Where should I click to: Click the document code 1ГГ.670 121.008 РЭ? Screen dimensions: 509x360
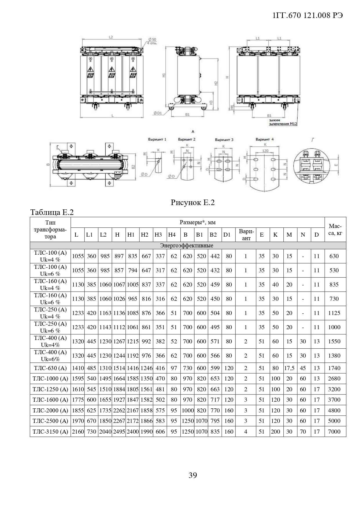pyautogui.click(x=308, y=16)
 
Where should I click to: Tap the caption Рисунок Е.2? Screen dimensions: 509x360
pyautogui.click(x=193, y=202)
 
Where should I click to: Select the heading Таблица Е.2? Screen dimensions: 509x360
pyautogui.click(x=52, y=212)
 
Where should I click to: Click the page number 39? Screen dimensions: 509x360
pyautogui.click(x=193, y=475)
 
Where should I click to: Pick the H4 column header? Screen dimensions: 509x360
pyautogui.click(x=172, y=235)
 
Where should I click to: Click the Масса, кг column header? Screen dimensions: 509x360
pyautogui.click(x=335, y=229)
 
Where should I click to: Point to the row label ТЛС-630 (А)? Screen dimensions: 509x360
pyautogui.click(x=51, y=368)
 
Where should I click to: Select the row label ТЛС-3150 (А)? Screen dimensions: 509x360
pyautogui.click(x=51, y=432)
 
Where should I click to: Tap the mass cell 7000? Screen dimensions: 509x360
pyautogui.click(x=334, y=432)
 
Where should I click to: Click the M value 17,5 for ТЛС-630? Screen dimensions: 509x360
pyautogui.click(x=289, y=368)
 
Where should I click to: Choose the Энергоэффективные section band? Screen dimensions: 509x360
pyautogui.click(x=187, y=246)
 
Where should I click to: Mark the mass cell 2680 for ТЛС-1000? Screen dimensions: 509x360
pyautogui.click(x=334, y=378)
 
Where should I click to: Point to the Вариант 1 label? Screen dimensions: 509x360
pyautogui.click(x=157, y=140)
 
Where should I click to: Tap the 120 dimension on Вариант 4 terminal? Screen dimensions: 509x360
pyautogui.click(x=265, y=151)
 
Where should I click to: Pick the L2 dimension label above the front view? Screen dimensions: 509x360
pyautogui.click(x=111, y=37)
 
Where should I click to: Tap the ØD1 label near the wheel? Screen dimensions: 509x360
pyautogui.click(x=158, y=113)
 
